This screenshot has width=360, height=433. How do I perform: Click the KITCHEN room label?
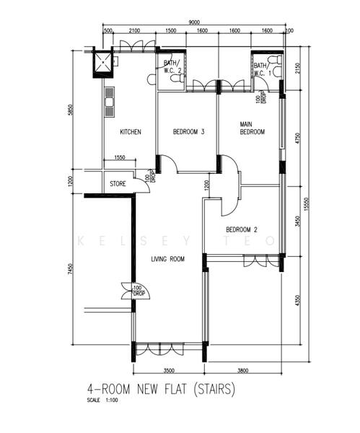(x=130, y=132)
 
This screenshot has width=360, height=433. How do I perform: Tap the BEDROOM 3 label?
(x=189, y=132)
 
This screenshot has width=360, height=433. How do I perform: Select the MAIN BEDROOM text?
(x=253, y=128)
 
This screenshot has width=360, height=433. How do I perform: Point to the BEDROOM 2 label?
(x=242, y=230)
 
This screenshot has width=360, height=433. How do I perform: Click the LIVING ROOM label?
(x=168, y=259)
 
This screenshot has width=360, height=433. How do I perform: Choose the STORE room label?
(x=118, y=184)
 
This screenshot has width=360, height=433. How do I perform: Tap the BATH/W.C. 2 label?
(x=172, y=66)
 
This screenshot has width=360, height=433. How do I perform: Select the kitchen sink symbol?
(x=110, y=102)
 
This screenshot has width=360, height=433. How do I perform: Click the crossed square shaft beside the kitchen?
(x=102, y=63)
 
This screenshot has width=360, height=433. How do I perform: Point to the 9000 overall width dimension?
(x=195, y=22)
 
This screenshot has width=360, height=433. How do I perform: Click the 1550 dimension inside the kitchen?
(x=120, y=158)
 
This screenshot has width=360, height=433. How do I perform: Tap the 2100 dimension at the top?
(x=134, y=32)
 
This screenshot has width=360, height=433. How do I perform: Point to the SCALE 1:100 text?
(x=101, y=401)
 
